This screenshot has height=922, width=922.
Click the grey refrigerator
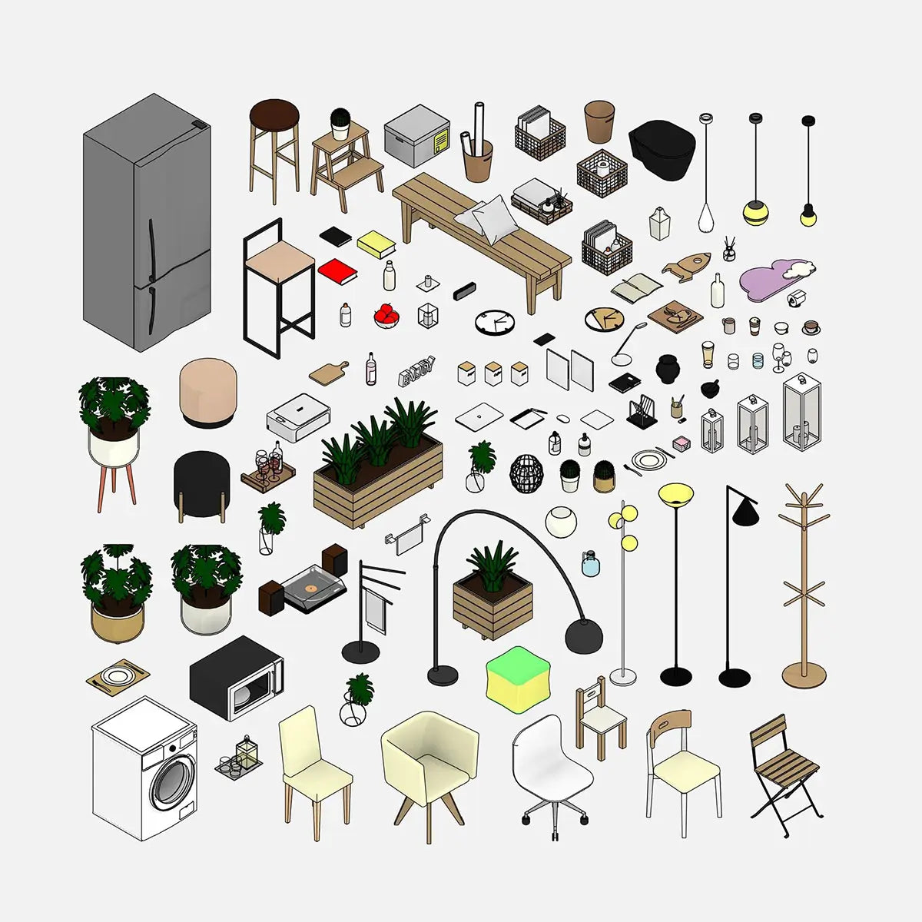click(x=146, y=223)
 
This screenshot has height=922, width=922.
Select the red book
click(x=337, y=270)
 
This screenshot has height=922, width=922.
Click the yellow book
click(x=376, y=244)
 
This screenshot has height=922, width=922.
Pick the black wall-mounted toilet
click(x=662, y=149)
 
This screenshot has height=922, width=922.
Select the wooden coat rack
click(x=804, y=584)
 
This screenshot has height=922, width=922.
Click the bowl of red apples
click(x=386, y=315)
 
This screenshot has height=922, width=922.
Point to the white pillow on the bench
click(x=488, y=215)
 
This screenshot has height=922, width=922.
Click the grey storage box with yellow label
click(x=417, y=136)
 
